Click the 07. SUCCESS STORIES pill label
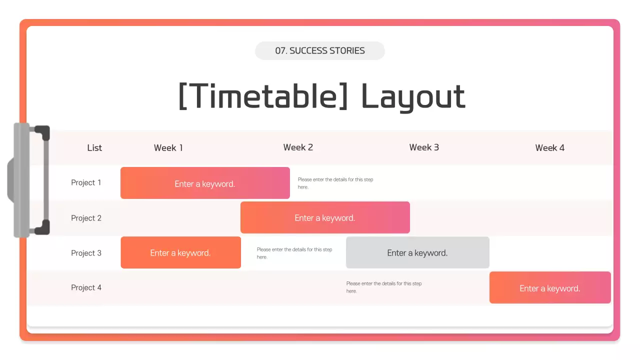(319, 50)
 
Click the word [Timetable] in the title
(263, 96)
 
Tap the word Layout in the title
(413, 97)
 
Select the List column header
(94, 147)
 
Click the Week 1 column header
(168, 147)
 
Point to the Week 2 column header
(298, 147)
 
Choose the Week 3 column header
(424, 147)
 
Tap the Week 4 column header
(549, 147)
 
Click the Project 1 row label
(86, 182)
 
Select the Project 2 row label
(86, 218)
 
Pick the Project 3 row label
(86, 253)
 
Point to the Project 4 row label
(86, 287)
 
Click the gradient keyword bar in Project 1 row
(205, 183)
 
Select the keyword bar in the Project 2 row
(325, 217)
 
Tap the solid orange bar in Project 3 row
(181, 252)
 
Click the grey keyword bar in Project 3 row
(417, 252)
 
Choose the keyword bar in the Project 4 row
(550, 287)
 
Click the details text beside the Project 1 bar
(335, 183)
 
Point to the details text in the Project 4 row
(384, 287)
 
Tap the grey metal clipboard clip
(28, 180)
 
